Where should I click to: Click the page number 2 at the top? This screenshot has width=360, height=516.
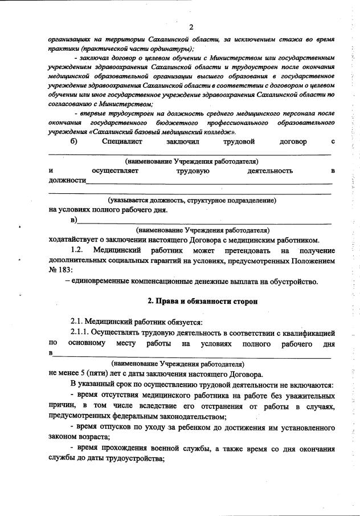(x=191, y=27)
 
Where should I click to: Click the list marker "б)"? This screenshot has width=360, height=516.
(x=73, y=140)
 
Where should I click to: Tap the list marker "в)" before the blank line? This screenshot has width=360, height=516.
(x=73, y=220)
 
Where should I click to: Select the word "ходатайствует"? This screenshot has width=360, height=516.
(x=75, y=239)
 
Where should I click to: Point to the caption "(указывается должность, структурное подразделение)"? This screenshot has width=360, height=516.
(x=192, y=200)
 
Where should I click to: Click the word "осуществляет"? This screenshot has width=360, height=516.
(x=114, y=170)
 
